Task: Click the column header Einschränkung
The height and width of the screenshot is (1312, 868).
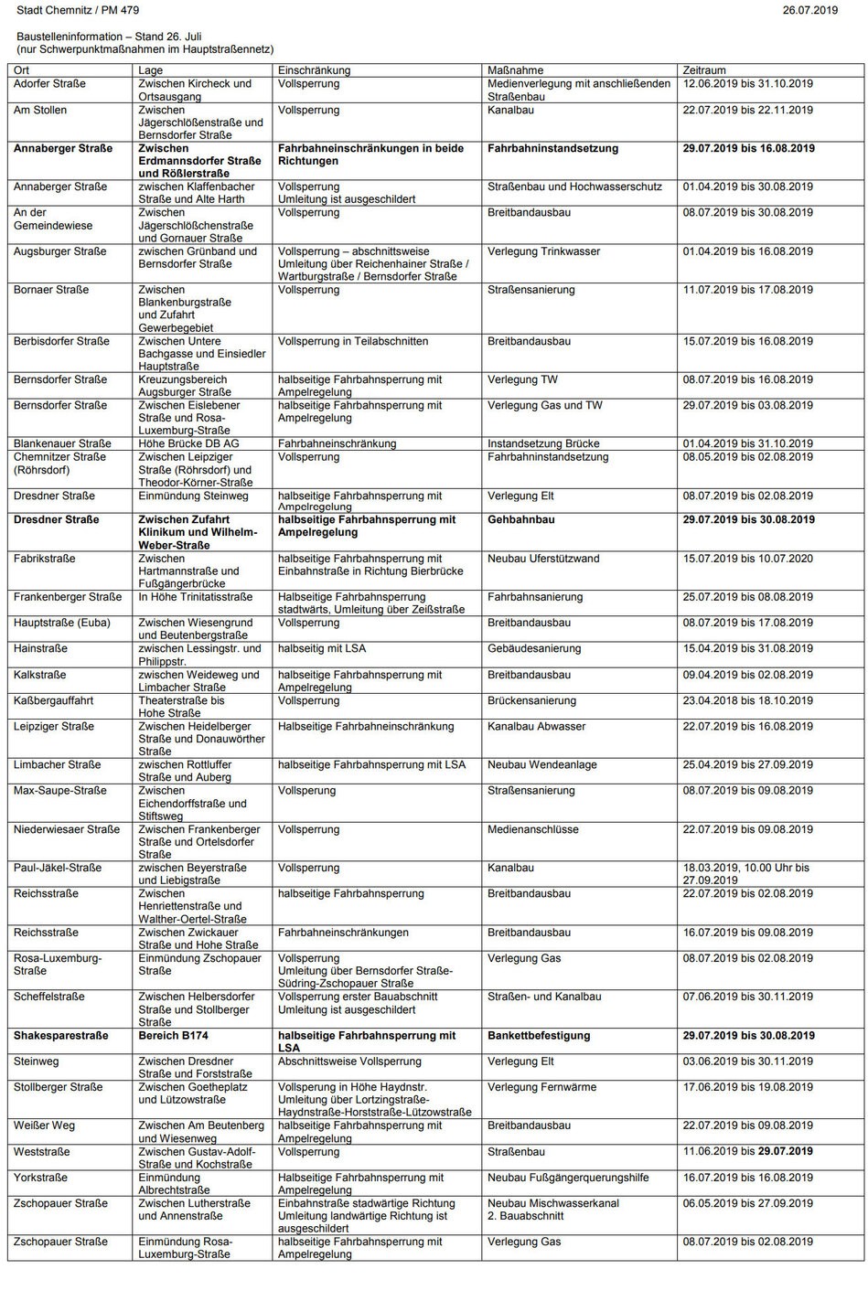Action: (314, 70)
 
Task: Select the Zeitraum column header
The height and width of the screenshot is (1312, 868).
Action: (704, 70)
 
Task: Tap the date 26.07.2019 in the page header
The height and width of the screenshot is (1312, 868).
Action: (809, 10)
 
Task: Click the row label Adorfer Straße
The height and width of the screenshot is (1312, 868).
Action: (49, 84)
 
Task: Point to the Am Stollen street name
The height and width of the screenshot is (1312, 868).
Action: (40, 110)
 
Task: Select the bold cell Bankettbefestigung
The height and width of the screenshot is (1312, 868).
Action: (539, 1036)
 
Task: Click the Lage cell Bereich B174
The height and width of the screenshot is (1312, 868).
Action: (173, 1036)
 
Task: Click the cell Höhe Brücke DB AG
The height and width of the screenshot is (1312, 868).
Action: (188, 443)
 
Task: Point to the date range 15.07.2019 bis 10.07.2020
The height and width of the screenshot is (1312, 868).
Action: (747, 559)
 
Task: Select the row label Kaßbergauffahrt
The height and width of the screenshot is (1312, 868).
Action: (53, 700)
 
